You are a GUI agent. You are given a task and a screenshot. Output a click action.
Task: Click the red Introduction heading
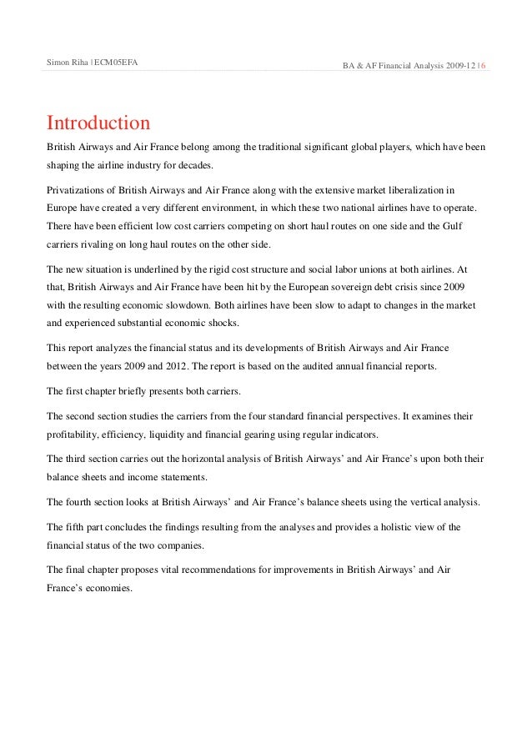click(98, 123)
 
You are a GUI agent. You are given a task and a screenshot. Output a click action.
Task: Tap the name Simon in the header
click(58, 63)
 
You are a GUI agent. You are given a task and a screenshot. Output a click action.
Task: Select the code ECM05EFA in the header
click(116, 63)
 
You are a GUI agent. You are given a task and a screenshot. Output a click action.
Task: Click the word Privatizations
click(77, 190)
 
